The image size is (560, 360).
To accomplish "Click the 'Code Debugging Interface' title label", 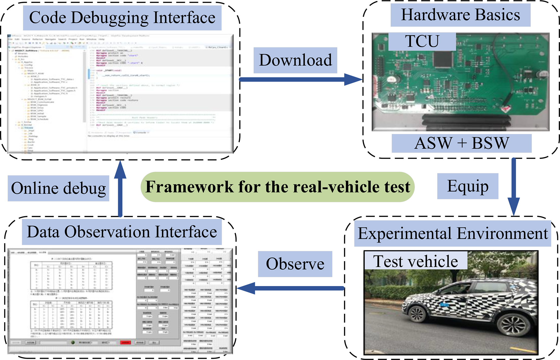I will coord(122,18).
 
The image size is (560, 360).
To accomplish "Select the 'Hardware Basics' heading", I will coord(460,15).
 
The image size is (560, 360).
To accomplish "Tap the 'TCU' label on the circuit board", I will coord(422,41).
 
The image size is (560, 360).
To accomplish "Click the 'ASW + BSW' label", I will coord(462,143).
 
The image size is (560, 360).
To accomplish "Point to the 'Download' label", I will coord(295,60).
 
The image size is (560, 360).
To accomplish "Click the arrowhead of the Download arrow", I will coord(354,79).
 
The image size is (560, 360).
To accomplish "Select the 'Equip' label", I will coord(468,186).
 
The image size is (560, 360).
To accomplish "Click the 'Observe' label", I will coord(295,264).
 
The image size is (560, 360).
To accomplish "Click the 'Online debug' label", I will coord(59,189).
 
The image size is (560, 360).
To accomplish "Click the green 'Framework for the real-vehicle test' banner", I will coord(278,187).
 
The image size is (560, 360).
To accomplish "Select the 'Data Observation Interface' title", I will coord(122,232).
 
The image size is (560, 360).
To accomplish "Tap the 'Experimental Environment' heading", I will coord(452,233).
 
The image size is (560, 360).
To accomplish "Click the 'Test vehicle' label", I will coord(416,261).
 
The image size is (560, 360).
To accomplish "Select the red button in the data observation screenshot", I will coord(125,342).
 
